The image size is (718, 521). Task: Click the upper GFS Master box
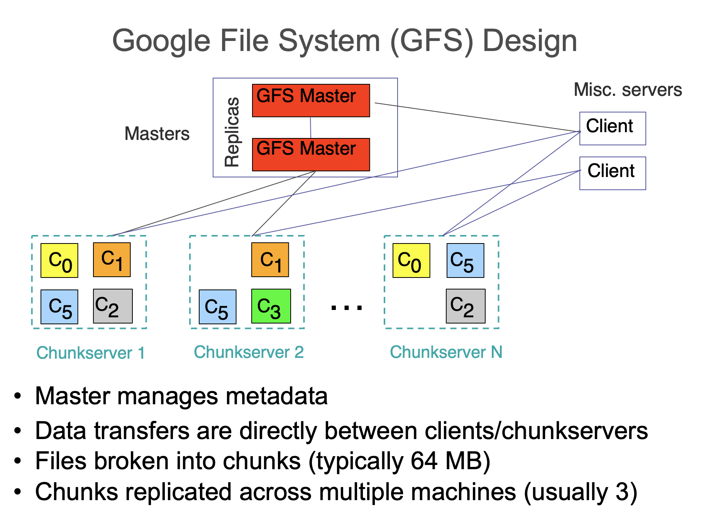[311, 100]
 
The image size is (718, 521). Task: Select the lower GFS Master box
[311, 154]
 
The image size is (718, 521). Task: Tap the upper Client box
[612, 128]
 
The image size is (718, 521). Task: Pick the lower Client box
[612, 173]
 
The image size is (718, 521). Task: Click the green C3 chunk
[271, 306]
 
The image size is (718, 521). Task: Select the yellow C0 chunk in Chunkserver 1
[59, 260]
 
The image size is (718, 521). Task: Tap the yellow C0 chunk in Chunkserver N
[411, 260]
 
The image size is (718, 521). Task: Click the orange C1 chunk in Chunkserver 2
[270, 260]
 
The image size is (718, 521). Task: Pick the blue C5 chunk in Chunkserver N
[465, 260]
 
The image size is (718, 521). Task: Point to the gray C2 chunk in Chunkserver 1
[113, 306]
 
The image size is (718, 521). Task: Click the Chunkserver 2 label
[249, 352]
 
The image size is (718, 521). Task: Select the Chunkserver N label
[446, 352]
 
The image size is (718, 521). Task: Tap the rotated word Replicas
[232, 132]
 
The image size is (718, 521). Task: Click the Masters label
[157, 134]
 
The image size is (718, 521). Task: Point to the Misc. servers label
[628, 90]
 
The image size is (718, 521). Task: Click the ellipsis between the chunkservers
[347, 308]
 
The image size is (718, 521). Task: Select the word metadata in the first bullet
[276, 396]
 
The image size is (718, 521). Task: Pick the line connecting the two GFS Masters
[311, 128]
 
